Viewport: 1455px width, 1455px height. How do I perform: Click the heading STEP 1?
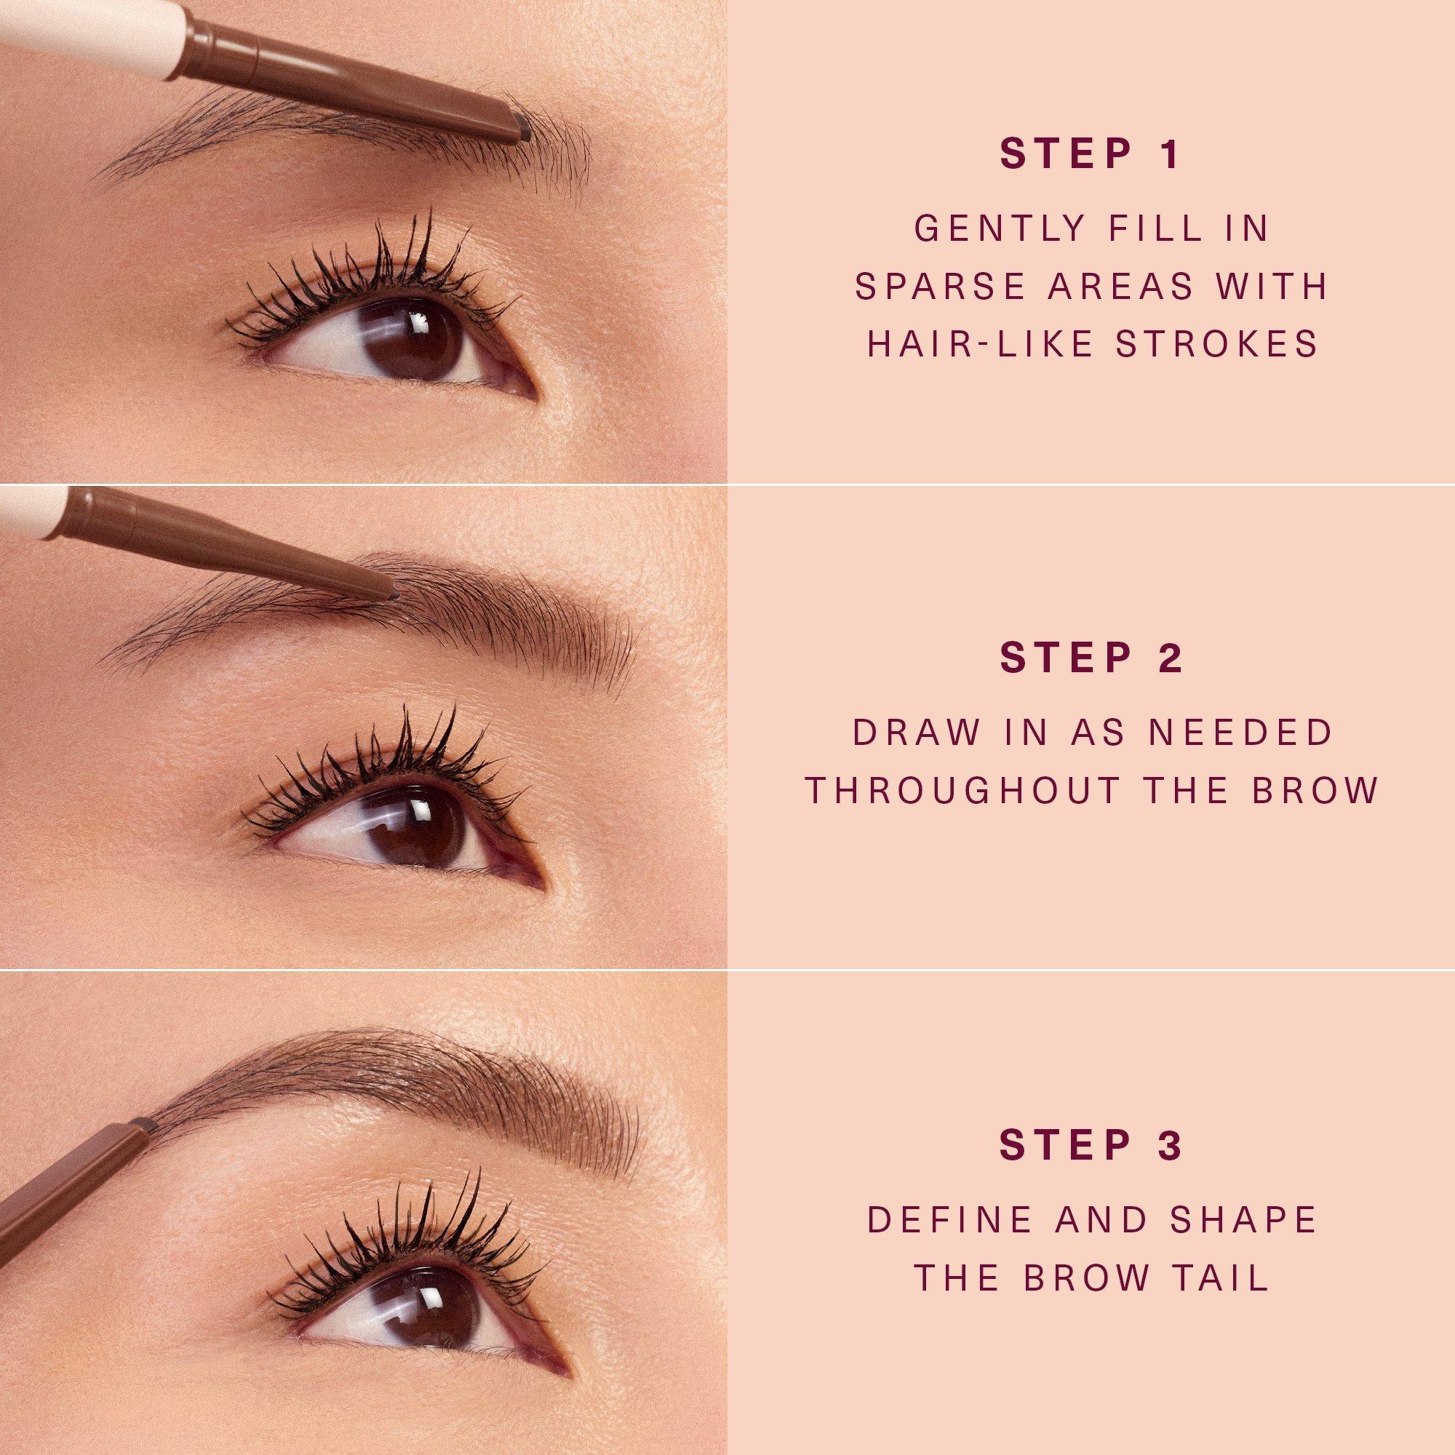pos(1091,154)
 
